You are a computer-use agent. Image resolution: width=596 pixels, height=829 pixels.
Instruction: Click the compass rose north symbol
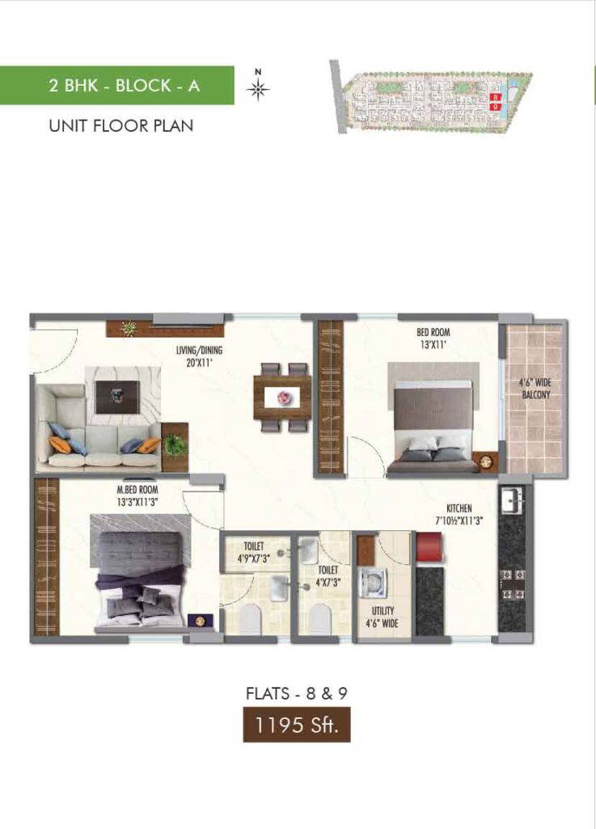pos(258,90)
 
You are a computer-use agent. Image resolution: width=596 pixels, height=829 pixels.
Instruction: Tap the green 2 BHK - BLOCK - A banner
pos(117,85)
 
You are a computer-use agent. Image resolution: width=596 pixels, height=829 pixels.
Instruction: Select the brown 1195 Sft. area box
pos(297,725)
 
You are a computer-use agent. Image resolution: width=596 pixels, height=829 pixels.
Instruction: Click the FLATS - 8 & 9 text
pos(297,693)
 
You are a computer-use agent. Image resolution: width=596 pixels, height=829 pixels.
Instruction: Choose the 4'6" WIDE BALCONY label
pos(535,389)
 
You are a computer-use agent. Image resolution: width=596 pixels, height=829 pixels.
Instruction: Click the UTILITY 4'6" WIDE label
pos(383,617)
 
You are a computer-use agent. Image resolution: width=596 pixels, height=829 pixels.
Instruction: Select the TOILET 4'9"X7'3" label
pos(253,551)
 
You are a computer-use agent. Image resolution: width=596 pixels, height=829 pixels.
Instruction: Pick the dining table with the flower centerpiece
pos(282,397)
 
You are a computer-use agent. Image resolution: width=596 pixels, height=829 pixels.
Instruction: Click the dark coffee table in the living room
pos(118,397)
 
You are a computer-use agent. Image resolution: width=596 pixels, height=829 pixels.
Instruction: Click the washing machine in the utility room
pos(374,584)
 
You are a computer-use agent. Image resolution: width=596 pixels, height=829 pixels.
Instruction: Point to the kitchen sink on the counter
pos(511,500)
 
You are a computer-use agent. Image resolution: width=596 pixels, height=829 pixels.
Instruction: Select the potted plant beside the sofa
pos(175,444)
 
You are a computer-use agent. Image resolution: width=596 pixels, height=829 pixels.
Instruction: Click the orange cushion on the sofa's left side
pos(60,444)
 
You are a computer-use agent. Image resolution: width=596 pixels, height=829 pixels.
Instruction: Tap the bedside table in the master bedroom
pos(201,621)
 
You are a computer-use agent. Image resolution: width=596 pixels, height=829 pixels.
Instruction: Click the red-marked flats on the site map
pos(495,101)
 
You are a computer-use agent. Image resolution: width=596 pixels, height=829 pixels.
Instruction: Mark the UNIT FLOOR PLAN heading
pos(120,125)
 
